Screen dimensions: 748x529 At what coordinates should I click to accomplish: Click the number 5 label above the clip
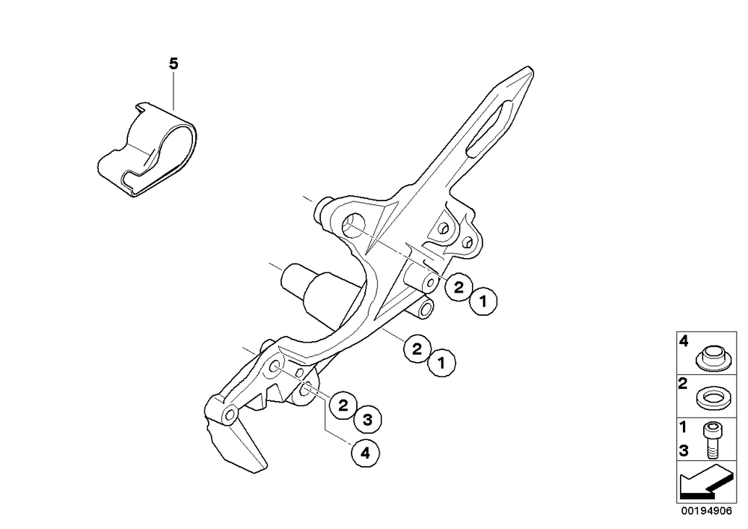(x=174, y=64)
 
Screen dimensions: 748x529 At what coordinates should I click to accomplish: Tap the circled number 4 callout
(x=366, y=453)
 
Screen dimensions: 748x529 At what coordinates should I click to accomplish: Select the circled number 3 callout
(x=367, y=420)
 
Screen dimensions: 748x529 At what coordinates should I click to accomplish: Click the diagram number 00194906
(x=706, y=511)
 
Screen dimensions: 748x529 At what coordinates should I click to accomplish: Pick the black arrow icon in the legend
(x=706, y=481)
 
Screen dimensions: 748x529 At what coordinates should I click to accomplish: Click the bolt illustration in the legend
(x=712, y=440)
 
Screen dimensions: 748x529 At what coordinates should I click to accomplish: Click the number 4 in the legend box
(x=684, y=341)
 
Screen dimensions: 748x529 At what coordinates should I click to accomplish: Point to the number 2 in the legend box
(x=683, y=383)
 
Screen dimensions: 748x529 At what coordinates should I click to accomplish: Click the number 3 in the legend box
(x=684, y=450)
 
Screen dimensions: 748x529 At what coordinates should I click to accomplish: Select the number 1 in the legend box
(x=683, y=427)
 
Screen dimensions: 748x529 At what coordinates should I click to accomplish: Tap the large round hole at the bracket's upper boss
(x=355, y=224)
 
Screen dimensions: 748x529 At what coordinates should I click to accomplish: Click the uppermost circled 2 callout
(x=459, y=287)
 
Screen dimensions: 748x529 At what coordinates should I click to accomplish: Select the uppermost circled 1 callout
(x=483, y=302)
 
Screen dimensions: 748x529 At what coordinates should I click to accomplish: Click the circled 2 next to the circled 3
(x=343, y=406)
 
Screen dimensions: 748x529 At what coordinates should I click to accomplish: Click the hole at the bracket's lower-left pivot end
(x=230, y=415)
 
